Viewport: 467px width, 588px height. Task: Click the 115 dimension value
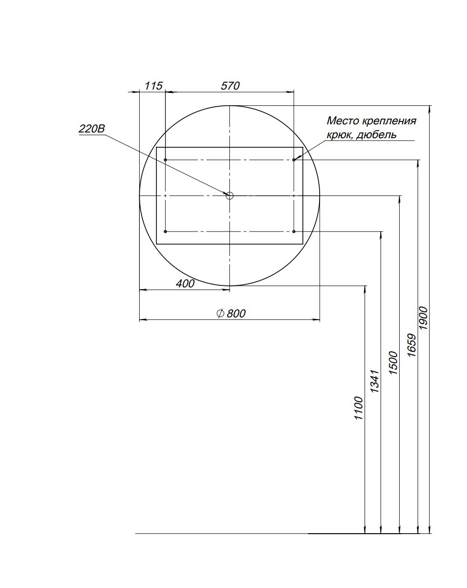[154, 86]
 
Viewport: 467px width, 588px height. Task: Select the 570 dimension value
[230, 86]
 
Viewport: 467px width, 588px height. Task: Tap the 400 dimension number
[185, 284]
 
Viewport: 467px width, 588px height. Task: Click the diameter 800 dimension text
[231, 314]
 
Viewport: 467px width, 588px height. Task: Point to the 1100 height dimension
[358, 408]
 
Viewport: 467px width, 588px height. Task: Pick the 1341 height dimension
[374, 381]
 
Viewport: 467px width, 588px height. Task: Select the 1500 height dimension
[393, 363]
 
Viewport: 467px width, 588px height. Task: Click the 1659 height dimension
[412, 345]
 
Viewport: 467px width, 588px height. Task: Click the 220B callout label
[92, 129]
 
